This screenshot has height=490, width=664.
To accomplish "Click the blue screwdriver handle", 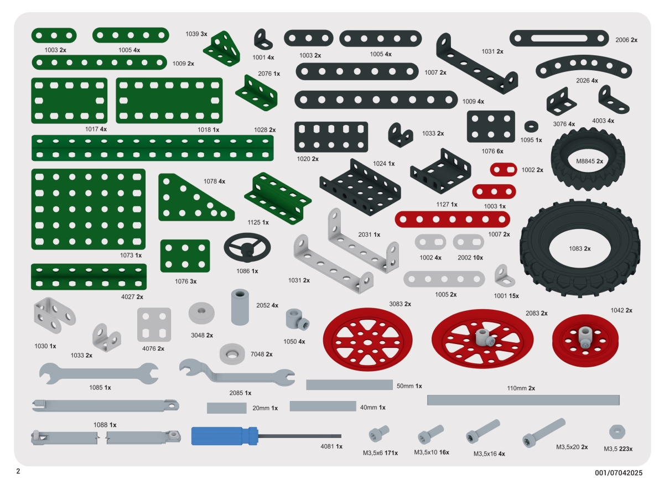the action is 225,436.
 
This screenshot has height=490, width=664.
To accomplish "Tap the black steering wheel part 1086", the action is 247,248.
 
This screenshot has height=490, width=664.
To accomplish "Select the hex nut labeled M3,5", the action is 617,431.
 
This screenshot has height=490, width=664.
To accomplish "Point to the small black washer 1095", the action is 531,127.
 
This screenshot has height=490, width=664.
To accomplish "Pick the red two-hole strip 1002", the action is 503,170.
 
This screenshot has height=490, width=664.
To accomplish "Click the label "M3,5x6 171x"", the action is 380,453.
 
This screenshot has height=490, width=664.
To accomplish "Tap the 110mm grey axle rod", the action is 523,400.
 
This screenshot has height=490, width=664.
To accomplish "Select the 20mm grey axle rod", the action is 227,408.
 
